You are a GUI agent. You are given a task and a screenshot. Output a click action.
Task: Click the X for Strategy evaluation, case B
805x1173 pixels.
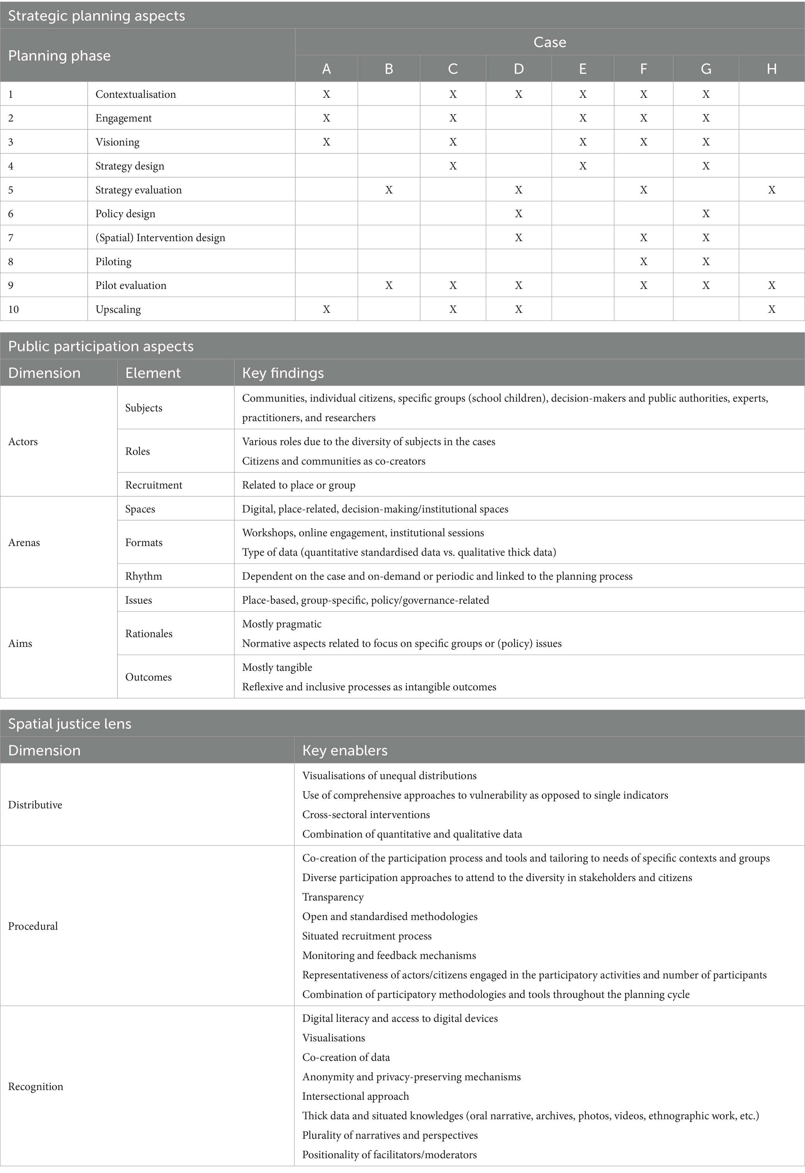tap(389, 190)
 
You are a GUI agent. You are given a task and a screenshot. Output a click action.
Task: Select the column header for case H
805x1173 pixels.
tap(771, 69)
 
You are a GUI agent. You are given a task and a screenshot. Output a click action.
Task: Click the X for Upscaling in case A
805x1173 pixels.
tap(326, 309)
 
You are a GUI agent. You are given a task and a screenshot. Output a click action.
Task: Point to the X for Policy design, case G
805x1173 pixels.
tap(706, 213)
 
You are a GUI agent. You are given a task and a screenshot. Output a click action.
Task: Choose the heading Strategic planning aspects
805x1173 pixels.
tap(97, 16)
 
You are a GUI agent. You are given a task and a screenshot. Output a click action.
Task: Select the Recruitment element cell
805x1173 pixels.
tap(153, 485)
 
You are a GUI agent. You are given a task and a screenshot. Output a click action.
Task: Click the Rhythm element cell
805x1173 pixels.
tap(143, 576)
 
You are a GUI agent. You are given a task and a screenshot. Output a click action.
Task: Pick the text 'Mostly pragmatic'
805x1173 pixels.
tap(282, 624)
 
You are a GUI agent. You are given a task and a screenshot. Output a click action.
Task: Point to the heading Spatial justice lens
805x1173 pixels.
tap(70, 724)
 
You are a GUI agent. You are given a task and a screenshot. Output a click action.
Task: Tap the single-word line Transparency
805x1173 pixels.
tap(333, 897)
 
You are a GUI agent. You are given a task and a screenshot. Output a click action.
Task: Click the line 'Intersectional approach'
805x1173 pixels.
tap(355, 1096)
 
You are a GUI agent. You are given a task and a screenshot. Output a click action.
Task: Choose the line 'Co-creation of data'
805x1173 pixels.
tap(346, 1057)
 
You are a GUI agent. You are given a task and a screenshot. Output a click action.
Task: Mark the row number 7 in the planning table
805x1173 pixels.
tap(11, 238)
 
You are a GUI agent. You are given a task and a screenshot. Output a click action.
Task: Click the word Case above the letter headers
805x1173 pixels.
tap(550, 42)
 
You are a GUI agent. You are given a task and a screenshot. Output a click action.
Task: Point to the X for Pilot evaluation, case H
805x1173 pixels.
tap(771, 285)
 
